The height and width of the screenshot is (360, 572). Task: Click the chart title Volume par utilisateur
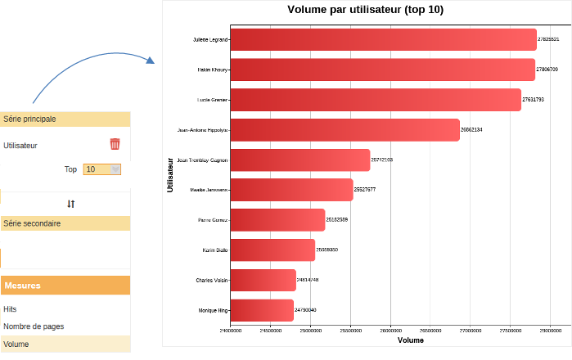tap(366, 10)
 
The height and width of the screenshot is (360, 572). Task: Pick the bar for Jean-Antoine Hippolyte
tap(345, 130)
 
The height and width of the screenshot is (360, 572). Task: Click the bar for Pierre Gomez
tap(277, 220)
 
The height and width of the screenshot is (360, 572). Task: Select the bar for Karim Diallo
tap(272, 250)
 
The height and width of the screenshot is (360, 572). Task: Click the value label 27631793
tap(534, 100)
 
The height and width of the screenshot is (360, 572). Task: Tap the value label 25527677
tap(365, 190)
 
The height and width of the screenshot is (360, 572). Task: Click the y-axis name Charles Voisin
tap(212, 281)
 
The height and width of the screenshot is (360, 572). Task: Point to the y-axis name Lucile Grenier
tap(213, 100)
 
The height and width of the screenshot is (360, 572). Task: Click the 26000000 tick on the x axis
tap(391, 331)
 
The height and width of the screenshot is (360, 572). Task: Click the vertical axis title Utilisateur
tap(170, 174)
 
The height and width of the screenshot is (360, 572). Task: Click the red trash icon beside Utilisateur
tap(115, 144)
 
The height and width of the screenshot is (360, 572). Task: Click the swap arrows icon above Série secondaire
tap(71, 204)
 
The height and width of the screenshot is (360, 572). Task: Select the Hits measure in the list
tap(10, 309)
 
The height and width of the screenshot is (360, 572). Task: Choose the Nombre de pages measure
tap(34, 326)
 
